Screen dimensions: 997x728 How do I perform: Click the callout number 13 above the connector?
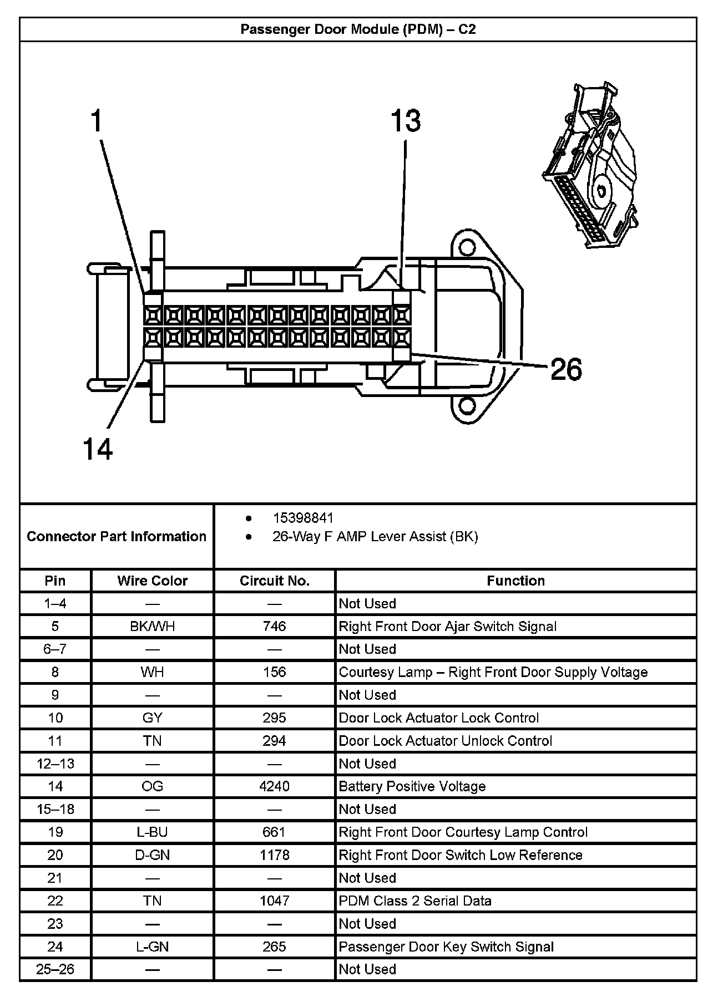coord(406,121)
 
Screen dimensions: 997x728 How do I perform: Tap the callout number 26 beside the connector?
coord(566,369)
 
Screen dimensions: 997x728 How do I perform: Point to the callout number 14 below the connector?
coord(98,449)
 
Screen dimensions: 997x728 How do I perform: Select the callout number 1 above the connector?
coord(97,121)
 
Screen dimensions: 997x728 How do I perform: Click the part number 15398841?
coord(303,518)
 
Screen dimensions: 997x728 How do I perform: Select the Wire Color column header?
coord(152,581)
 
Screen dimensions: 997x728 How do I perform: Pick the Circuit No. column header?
coord(274,581)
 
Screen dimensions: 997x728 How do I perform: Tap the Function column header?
coord(515,581)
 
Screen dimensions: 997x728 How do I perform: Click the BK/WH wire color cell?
coord(152,626)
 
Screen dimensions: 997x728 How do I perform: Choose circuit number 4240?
coord(274,786)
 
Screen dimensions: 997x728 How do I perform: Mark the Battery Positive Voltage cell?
coord(412,786)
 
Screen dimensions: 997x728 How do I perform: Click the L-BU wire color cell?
coord(152,832)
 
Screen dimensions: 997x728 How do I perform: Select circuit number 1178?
coord(274,854)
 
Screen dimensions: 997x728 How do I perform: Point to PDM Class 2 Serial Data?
coord(415,901)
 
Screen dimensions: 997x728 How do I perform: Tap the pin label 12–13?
coord(55,764)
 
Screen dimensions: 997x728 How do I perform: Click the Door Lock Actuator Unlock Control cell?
coord(445,741)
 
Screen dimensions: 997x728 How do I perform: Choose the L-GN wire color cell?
coord(152,947)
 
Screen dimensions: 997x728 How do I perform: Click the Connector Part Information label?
coord(117,536)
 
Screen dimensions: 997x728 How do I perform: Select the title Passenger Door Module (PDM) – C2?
coord(358,29)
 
